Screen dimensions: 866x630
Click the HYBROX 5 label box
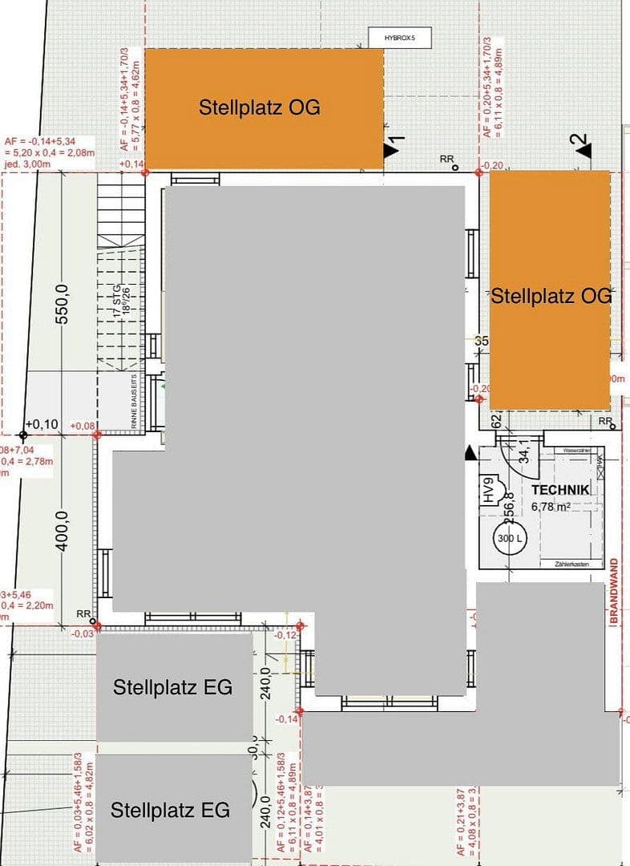(398, 37)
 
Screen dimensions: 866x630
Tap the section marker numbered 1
(393, 146)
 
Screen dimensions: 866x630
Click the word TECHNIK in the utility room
(560, 490)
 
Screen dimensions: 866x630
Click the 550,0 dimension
(63, 303)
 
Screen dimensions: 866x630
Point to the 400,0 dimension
(63, 531)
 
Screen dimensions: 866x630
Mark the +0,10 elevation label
(42, 423)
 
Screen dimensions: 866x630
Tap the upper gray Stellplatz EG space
(173, 687)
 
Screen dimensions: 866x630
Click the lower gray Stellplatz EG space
(171, 810)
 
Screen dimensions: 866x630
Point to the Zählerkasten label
(572, 565)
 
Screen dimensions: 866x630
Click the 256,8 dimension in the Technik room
(508, 505)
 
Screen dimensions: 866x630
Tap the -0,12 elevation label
(285, 635)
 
